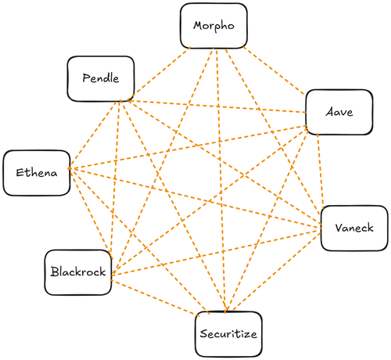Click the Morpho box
click(213, 26)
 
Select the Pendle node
click(101, 79)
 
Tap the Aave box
click(339, 112)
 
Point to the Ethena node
click(37, 173)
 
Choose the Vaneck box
click(354, 229)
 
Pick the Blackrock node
click(78, 272)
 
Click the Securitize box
click(228, 334)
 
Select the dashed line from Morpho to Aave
click(274, 70)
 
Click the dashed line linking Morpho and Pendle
click(160, 74)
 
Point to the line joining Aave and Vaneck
click(321, 170)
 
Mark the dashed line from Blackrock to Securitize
click(154, 297)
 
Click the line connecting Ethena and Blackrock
click(91, 214)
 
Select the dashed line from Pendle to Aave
click(217, 106)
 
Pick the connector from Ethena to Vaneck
click(195, 198)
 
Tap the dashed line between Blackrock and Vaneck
click(216, 251)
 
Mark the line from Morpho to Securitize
click(221, 180)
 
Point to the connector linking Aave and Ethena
click(188, 147)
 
